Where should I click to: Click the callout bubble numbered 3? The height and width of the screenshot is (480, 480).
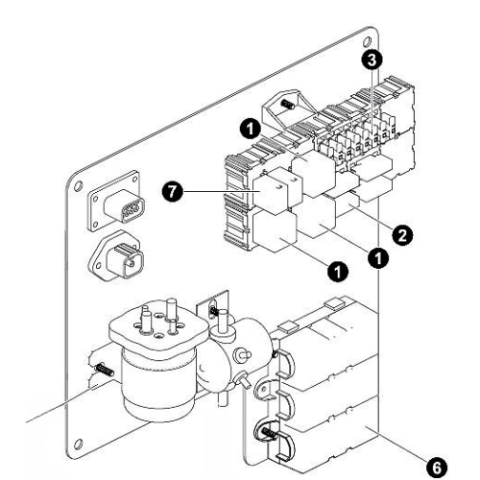[x=372, y=60]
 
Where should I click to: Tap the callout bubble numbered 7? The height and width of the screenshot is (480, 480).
[x=173, y=192]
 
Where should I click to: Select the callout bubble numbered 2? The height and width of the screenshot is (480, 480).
[x=402, y=235]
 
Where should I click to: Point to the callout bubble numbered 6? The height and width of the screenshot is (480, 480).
[x=437, y=468]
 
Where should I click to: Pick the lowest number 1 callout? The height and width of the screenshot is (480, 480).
[x=338, y=273]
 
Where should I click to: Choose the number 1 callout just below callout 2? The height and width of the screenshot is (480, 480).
[x=378, y=257]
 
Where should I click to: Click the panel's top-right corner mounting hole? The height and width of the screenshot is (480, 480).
[x=368, y=41]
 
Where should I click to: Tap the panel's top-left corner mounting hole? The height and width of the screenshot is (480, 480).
[x=78, y=186]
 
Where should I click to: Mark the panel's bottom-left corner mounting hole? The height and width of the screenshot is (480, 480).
[x=78, y=444]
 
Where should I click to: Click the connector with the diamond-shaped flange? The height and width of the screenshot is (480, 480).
[x=116, y=257]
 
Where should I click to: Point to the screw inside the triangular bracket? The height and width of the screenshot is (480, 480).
[x=287, y=104]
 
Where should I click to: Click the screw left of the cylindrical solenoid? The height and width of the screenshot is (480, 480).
[x=104, y=370]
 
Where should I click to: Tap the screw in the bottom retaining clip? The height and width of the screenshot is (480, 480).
[x=269, y=432]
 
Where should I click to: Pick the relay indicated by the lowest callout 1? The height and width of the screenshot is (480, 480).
[x=275, y=231]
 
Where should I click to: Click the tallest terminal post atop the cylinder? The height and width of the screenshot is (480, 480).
[x=172, y=309]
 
